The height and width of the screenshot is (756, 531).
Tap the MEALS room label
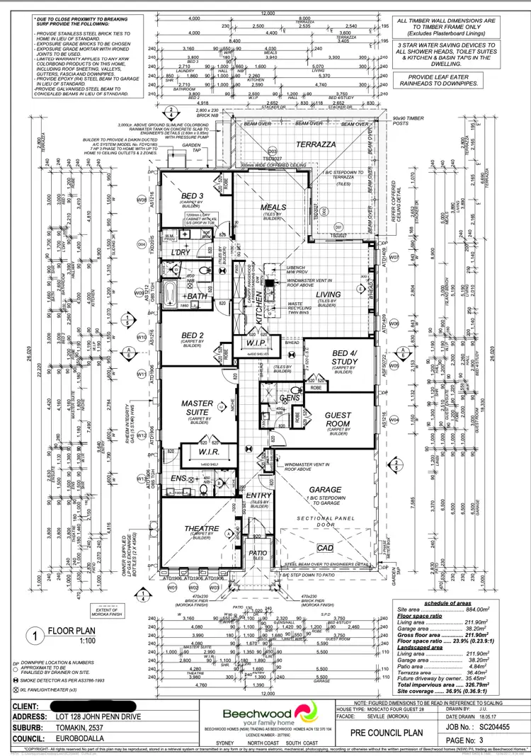pyautogui.click(x=273, y=208)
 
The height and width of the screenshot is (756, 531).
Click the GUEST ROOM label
pyautogui.click(x=337, y=420)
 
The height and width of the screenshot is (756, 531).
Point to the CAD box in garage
pyautogui.click(x=325, y=549)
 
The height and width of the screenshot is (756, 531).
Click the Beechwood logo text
pyautogui.click(x=256, y=712)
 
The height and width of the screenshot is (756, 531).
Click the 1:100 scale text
pyautogui.click(x=67, y=641)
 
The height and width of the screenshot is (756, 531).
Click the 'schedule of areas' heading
pyautogui.click(x=451, y=602)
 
